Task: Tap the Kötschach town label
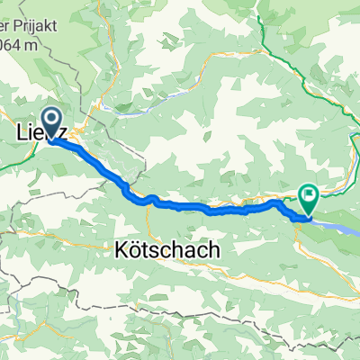point(166,249)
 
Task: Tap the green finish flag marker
point(309,193)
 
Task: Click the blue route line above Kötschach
point(180,206)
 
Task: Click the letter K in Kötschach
point(121,249)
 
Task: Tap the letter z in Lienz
point(66,132)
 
